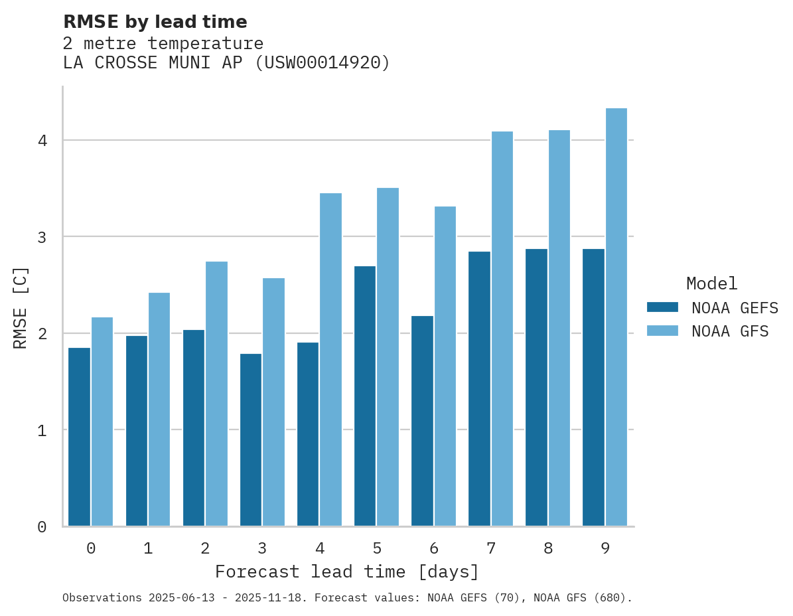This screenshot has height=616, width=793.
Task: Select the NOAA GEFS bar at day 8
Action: (x=536, y=388)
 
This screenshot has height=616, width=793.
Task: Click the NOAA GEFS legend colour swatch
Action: (x=662, y=307)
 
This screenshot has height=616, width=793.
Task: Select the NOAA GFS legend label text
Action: (x=730, y=331)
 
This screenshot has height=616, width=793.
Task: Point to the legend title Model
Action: (x=711, y=283)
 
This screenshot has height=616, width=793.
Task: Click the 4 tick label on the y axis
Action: (x=41, y=141)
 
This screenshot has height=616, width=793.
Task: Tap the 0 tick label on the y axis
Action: (x=41, y=527)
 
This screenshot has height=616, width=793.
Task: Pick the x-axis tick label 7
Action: (x=491, y=548)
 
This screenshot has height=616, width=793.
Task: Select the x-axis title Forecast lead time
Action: (x=346, y=572)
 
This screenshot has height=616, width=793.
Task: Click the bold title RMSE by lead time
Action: (x=155, y=22)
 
